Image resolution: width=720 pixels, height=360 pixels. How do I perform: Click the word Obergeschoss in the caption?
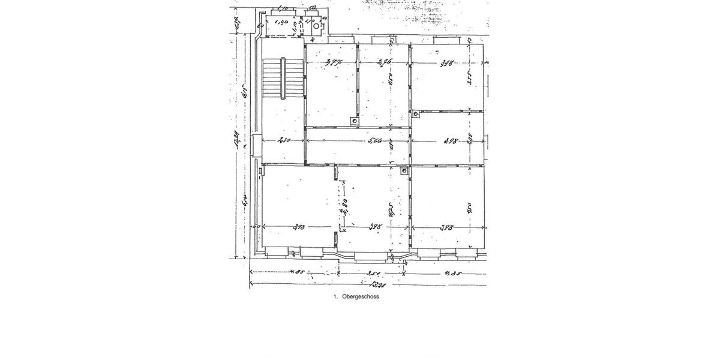(x=361, y=296)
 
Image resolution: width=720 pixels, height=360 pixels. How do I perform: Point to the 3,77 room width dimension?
(x=334, y=62)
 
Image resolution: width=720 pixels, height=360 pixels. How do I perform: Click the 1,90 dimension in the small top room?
(x=280, y=23)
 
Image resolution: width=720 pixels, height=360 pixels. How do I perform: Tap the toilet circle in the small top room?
(x=316, y=26)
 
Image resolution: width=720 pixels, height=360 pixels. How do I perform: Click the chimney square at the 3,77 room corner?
(x=355, y=121)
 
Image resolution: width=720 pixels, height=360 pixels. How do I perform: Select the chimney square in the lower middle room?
(x=404, y=171)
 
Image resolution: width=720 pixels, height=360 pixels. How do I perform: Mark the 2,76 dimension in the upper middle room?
(x=384, y=62)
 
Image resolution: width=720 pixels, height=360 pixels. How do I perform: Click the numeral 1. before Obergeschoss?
(x=336, y=296)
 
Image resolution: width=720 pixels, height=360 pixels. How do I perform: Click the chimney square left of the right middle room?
(x=416, y=113)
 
